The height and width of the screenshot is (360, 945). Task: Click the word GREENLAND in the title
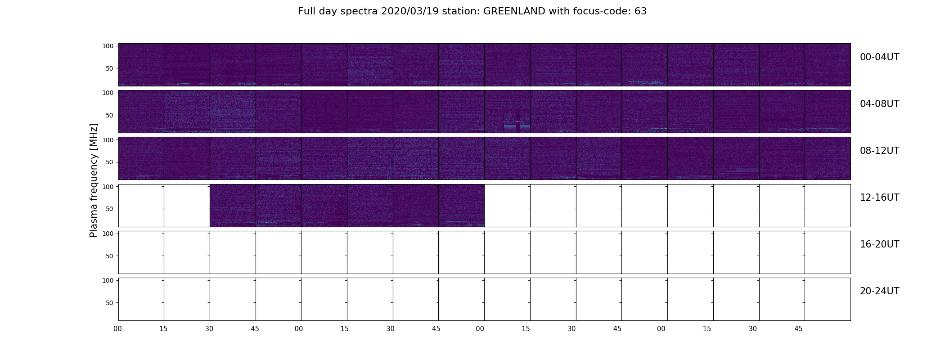(514, 11)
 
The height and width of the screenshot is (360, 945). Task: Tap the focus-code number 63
(640, 11)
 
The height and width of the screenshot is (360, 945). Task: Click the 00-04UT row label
(879, 57)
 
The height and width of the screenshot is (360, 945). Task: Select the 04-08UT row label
(879, 104)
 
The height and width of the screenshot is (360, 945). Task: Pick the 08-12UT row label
(879, 151)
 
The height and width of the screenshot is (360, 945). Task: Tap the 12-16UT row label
(879, 198)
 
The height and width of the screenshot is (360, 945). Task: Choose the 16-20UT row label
(879, 244)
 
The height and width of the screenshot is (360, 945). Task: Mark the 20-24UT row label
(879, 291)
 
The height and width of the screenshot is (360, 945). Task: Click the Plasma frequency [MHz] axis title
(94, 180)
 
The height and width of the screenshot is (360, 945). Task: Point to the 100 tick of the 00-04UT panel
(108, 46)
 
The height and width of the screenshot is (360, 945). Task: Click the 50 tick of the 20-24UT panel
(110, 303)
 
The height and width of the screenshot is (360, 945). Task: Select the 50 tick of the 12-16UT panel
(110, 209)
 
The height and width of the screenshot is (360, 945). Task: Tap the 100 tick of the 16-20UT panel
(108, 234)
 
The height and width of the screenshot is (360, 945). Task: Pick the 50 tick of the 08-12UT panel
(110, 162)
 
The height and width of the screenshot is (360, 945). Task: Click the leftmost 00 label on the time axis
(118, 329)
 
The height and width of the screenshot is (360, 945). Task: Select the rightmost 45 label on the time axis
(798, 329)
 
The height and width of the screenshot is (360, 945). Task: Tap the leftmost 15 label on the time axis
(163, 329)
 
